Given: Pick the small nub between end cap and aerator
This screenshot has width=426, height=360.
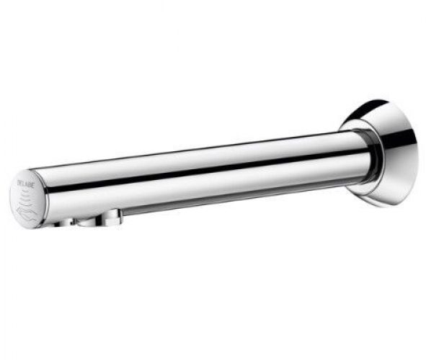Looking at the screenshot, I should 66,222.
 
